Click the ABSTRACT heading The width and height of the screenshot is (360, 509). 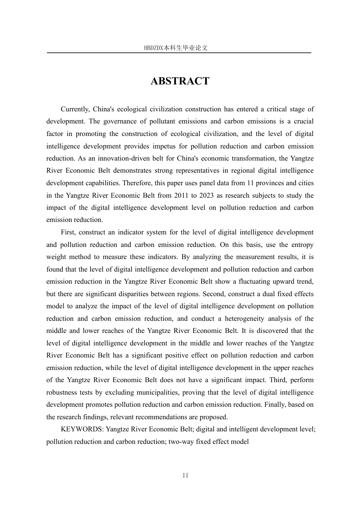click(x=180, y=81)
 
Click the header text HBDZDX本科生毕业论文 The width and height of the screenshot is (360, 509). click(x=176, y=48)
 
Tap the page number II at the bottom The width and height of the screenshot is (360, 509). click(x=185, y=476)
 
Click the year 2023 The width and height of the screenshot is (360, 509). click(x=213, y=195)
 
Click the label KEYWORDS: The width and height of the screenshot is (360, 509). click(x=82, y=429)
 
